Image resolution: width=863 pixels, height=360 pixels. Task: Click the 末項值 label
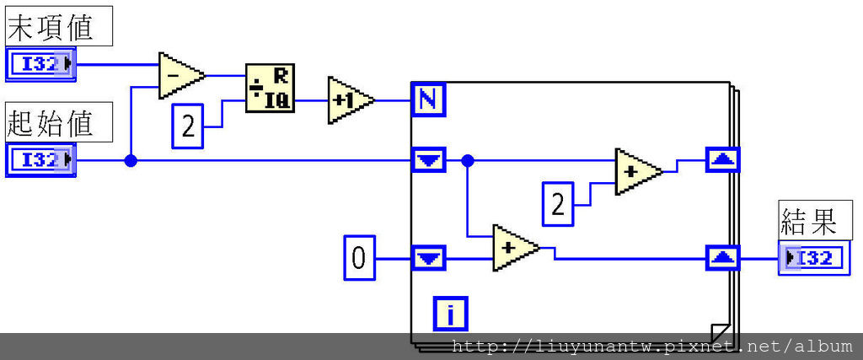[58, 29]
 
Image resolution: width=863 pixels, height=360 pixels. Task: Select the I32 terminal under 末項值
[40, 64]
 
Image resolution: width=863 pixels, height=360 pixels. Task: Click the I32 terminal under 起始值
[40, 159]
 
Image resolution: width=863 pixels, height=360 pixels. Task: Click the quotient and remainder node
[269, 88]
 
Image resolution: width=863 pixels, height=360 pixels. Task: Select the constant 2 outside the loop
[188, 127]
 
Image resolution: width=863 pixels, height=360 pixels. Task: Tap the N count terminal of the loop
[428, 100]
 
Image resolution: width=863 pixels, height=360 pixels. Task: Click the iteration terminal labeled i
[451, 314]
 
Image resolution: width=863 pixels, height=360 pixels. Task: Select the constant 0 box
[358, 257]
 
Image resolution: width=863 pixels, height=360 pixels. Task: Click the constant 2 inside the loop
[557, 204]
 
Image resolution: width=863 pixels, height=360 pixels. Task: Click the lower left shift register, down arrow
[429, 257]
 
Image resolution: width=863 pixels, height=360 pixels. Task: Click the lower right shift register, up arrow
[722, 257]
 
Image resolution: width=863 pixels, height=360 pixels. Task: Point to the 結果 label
[809, 223]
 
